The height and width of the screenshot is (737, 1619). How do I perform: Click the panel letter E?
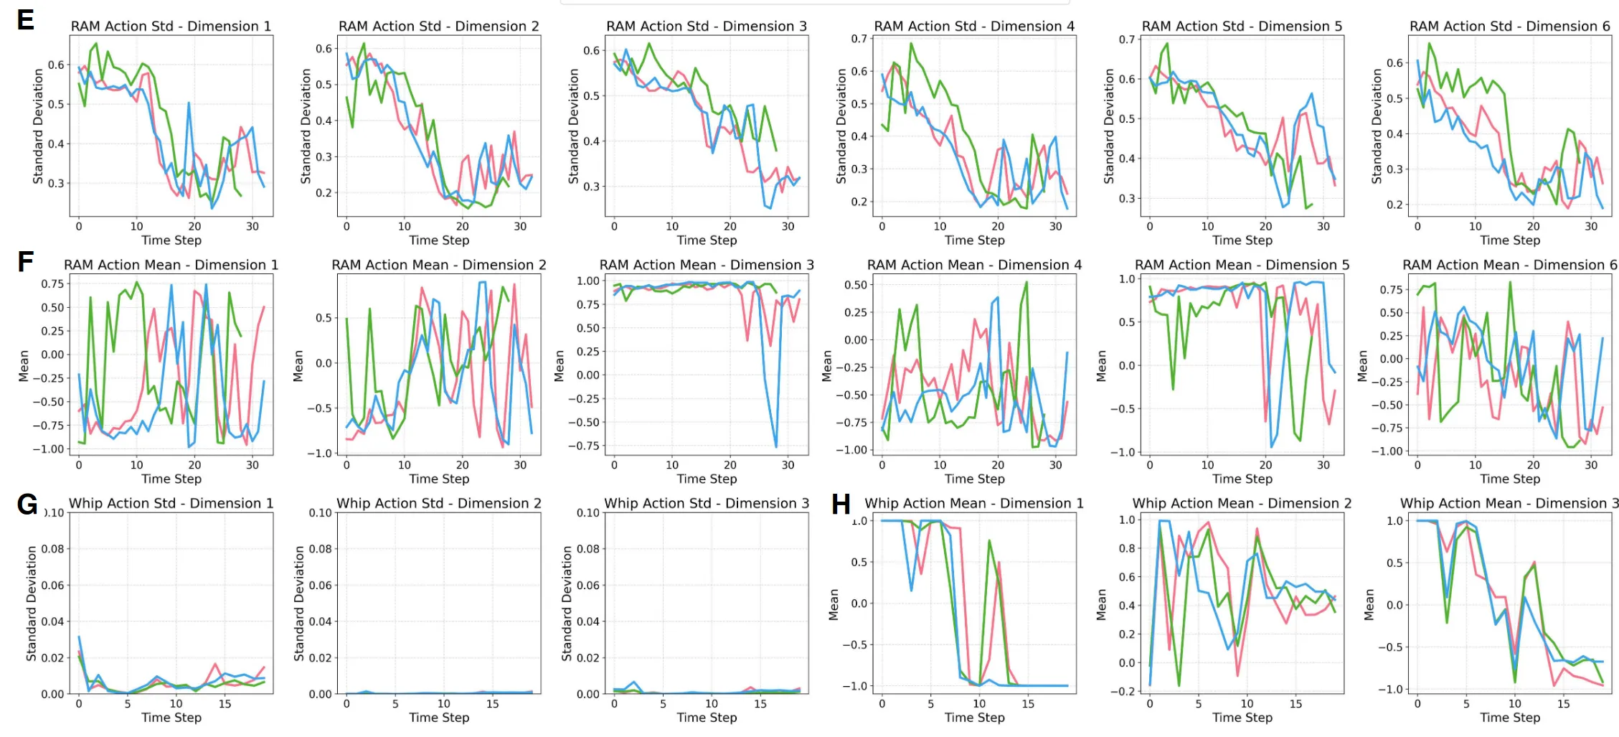click(26, 19)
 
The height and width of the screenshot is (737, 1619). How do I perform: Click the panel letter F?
click(26, 261)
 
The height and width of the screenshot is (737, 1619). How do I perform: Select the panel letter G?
click(27, 504)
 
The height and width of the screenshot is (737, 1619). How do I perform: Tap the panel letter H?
click(841, 504)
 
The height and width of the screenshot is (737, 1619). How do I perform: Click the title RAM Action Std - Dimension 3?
click(707, 27)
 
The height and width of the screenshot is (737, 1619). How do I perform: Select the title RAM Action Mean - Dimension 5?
click(1242, 265)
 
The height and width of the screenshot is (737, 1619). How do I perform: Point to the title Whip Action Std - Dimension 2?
click(438, 503)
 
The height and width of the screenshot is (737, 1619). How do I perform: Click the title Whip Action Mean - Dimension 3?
click(1509, 503)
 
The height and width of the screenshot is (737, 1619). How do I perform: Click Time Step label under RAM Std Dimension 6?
click(1510, 240)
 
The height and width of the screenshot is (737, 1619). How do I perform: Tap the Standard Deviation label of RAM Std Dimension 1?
click(38, 126)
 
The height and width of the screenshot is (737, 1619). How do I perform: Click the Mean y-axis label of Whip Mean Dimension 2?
click(1102, 604)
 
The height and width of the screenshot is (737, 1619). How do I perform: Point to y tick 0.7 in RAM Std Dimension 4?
click(859, 39)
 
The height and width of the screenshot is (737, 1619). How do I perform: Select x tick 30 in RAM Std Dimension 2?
click(520, 226)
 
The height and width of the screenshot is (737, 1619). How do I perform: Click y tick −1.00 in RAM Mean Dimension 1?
click(48, 449)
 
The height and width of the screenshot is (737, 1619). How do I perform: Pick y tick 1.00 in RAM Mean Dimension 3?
click(588, 281)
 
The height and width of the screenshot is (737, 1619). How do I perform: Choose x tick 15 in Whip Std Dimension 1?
click(225, 703)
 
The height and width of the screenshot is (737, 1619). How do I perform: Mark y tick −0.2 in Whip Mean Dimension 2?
click(1127, 691)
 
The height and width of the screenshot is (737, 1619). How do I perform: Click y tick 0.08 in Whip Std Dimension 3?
click(587, 549)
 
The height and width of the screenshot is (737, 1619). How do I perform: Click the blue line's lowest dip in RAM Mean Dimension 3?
click(775, 447)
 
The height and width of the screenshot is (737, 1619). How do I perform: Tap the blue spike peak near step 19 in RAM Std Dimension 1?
click(189, 103)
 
